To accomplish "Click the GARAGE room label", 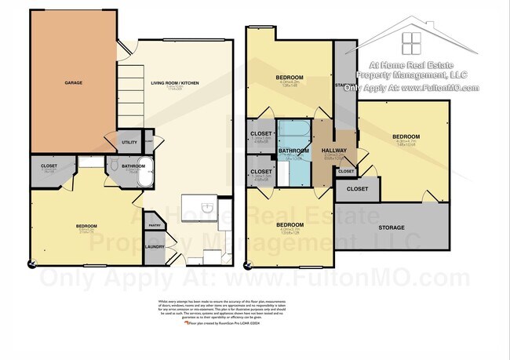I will coord(73,82).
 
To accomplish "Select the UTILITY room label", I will coord(129,142).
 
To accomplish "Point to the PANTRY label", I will coord(155,224).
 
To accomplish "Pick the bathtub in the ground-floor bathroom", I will coord(146,176).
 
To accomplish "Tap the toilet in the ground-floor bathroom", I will coord(115,166).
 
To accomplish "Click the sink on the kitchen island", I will coord(205,208).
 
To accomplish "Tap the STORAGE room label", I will coord(393,227).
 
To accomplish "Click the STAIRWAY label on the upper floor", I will coord(344,85).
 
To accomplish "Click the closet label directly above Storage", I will coord(357,189).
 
